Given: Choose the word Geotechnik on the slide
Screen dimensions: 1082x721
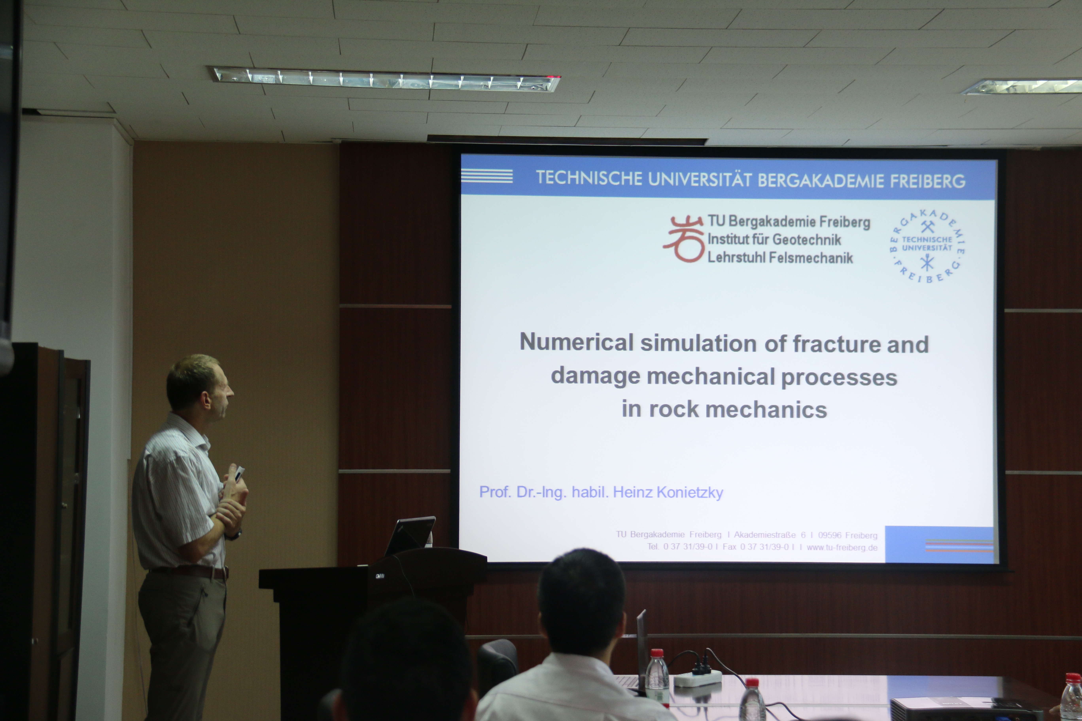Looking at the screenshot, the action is [807, 240].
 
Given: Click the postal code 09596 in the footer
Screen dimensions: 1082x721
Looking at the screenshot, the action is [830, 535].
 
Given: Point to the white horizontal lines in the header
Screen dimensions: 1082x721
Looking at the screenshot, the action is [487, 176].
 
